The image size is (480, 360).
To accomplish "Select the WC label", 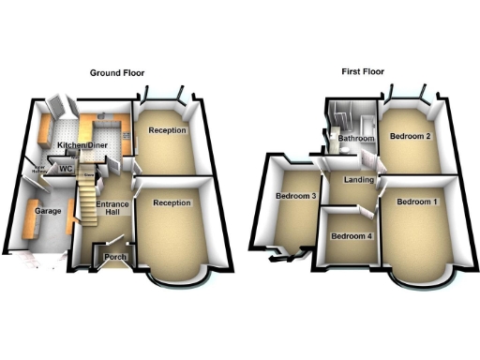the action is pos(66,169).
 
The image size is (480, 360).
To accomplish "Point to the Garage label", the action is pos(49,212).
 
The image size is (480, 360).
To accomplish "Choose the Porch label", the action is pos(116,256).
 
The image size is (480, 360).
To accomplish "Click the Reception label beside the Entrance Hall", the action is pos(172,202).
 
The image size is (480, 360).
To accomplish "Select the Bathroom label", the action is pos(356,139).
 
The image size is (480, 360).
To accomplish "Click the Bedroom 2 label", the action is pos(410,137).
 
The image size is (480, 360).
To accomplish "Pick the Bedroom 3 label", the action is pos(295,196).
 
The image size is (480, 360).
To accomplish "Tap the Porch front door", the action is pos(117,265).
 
